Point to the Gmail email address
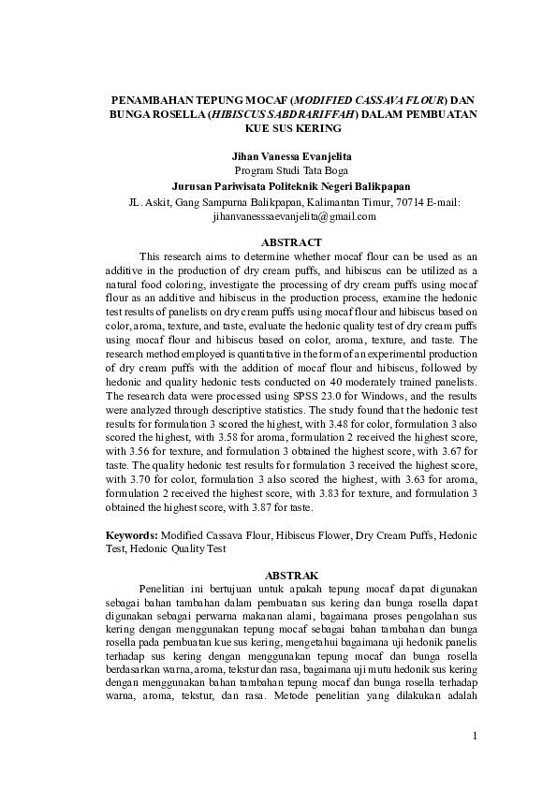click(294, 215)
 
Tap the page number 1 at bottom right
click(475, 736)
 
